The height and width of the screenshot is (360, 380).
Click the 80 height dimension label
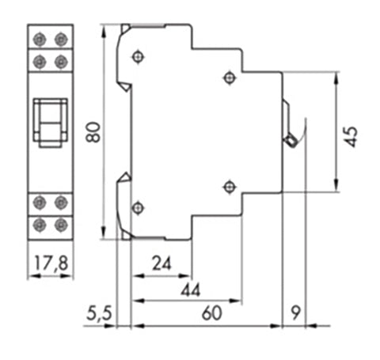(93, 132)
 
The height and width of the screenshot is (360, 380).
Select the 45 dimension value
(351, 137)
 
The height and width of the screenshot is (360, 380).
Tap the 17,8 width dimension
(51, 263)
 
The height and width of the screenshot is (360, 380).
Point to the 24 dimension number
(161, 263)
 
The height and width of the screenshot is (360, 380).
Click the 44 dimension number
(191, 290)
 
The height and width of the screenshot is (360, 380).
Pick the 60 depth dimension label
(212, 313)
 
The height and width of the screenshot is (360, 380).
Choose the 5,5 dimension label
(99, 313)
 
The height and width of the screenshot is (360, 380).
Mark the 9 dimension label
(296, 313)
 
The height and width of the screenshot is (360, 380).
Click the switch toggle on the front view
(50, 122)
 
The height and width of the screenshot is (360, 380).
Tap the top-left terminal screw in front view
(40, 40)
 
